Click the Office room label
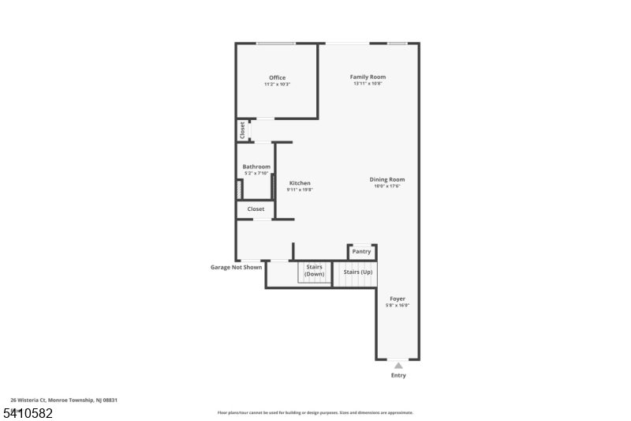277,77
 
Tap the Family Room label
368,77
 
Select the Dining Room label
386,179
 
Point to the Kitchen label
300,183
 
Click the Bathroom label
256,167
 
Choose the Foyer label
398,299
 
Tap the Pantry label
361,251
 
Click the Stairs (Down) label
315,270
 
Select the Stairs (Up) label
357,271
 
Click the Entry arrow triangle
398,365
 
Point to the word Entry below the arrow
398,375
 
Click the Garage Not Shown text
236,267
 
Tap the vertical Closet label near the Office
242,130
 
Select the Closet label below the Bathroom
256,209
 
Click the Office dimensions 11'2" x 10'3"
277,84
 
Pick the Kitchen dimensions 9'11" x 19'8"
300,190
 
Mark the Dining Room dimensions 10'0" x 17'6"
386,186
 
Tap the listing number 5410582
28,413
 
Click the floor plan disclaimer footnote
315,412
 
